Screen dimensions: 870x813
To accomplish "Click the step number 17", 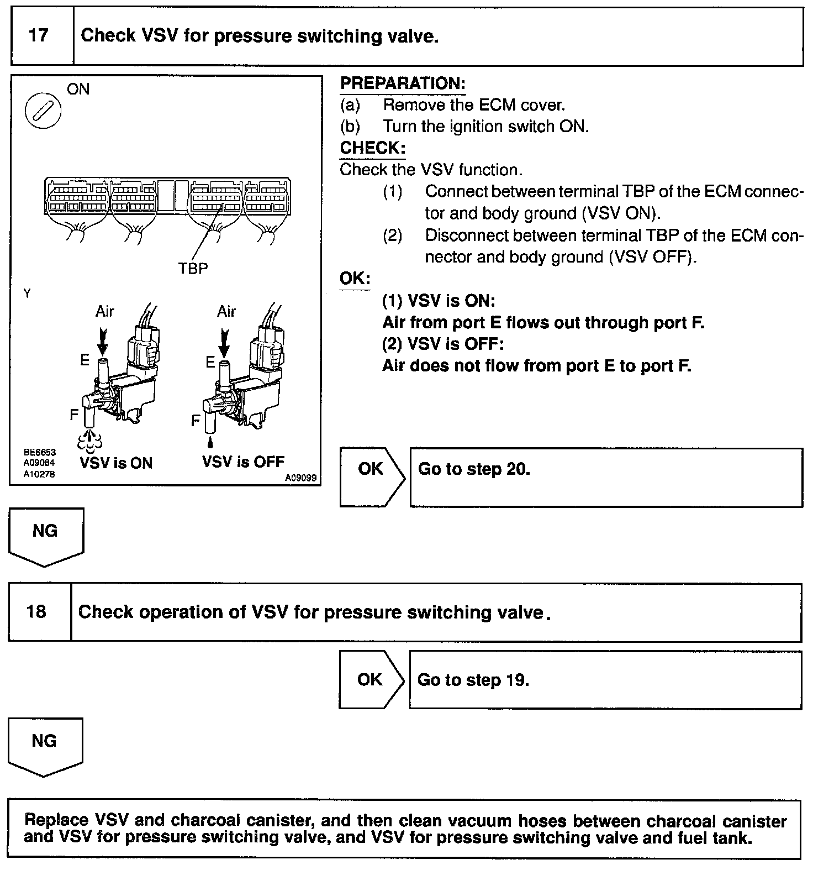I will [38, 36].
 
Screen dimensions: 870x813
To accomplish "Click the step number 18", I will [36, 612].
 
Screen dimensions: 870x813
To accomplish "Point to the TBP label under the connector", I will [193, 268].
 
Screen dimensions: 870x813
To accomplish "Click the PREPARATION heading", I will [403, 83].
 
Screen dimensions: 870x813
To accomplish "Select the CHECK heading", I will [373, 148].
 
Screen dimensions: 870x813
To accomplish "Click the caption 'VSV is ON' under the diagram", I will [116, 463].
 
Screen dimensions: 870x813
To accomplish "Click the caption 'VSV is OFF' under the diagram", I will [243, 462].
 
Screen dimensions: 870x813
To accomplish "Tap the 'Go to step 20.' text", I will [474, 469].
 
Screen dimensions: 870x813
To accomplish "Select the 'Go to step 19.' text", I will [473, 679].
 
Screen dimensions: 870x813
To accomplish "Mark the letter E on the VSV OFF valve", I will [210, 362].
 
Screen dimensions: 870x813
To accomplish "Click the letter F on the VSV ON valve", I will [74, 414].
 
